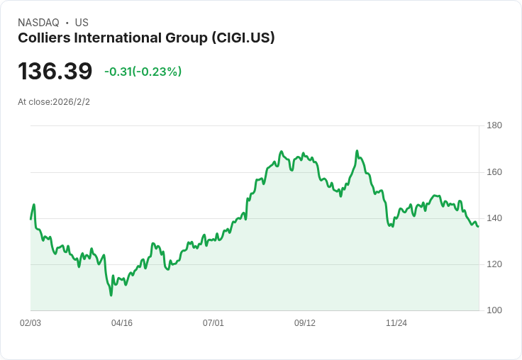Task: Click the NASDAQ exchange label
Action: (38, 23)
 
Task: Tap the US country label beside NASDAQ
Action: (82, 23)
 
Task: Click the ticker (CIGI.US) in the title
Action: (243, 38)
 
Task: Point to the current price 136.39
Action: (55, 71)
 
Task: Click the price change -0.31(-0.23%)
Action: (143, 72)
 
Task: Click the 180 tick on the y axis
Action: (494, 125)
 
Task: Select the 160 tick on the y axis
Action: (494, 172)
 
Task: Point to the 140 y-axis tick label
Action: (494, 218)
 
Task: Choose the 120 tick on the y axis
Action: (494, 264)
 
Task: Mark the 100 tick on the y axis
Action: (494, 310)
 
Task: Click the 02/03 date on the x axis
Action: (30, 323)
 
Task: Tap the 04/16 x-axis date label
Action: (122, 323)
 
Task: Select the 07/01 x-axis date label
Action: (213, 323)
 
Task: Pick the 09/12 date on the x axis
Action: (305, 323)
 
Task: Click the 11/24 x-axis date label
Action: (396, 323)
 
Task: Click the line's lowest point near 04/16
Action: (111, 295)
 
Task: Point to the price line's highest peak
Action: (357, 150)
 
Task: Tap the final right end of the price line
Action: (478, 226)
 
